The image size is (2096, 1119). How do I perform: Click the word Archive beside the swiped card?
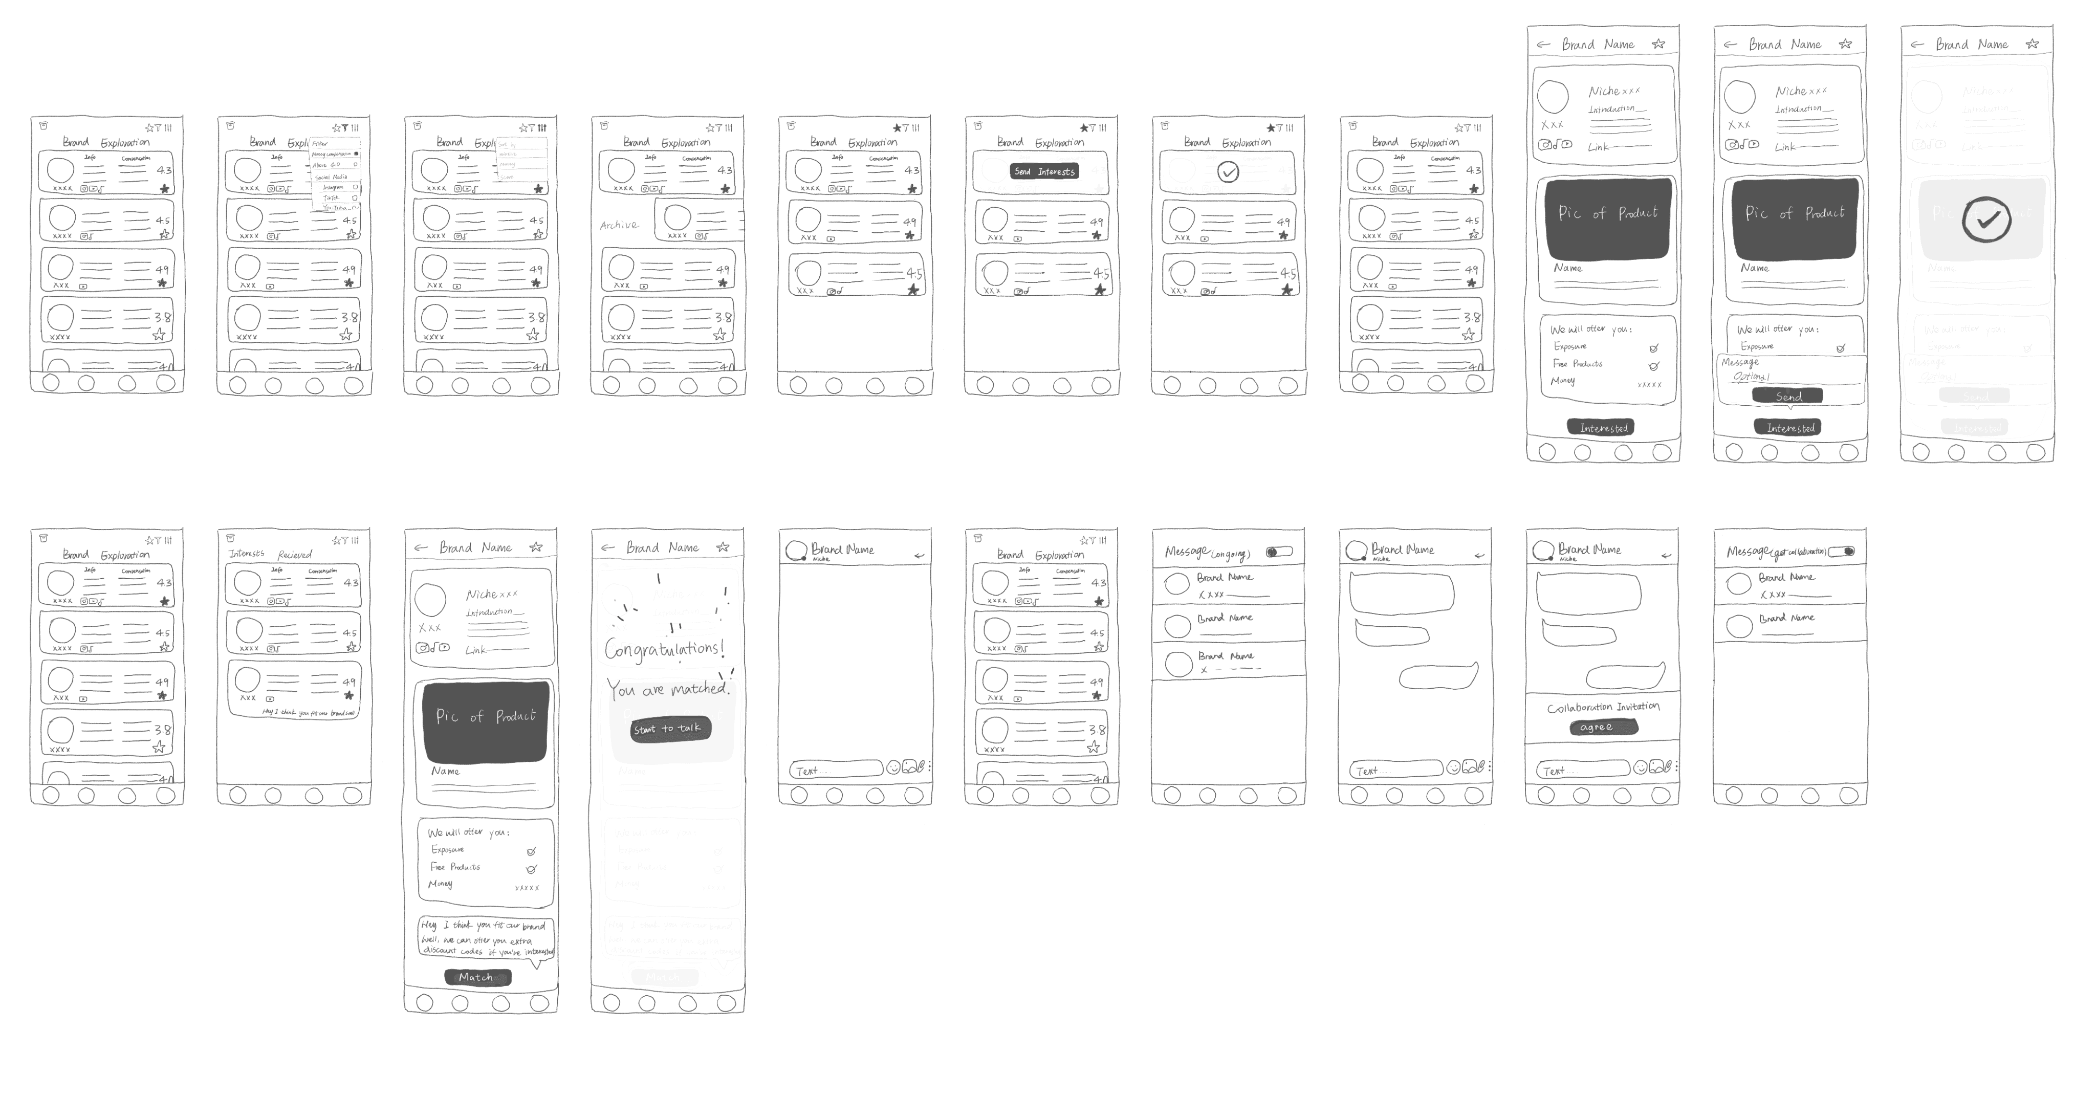click(619, 225)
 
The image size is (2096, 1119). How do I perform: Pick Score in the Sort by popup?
click(508, 177)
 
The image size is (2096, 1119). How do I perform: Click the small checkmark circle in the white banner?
click(1228, 172)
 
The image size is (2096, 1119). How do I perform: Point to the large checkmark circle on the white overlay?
click(1986, 220)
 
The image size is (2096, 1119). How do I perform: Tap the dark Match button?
click(476, 977)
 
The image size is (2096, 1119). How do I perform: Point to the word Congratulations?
click(664, 649)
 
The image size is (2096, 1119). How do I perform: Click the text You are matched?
click(667, 689)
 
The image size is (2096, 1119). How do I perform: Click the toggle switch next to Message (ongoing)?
click(1279, 552)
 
